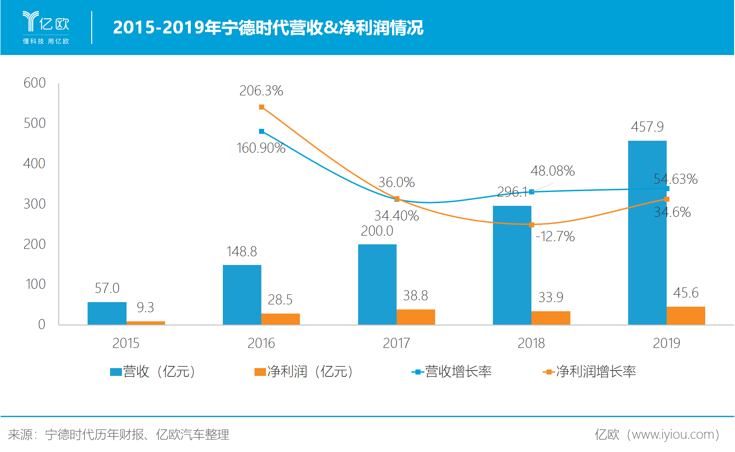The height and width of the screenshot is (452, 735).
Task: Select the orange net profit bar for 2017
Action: coord(415,317)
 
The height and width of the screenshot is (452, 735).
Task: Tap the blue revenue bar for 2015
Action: coord(107,314)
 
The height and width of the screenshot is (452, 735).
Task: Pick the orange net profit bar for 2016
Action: coord(280,319)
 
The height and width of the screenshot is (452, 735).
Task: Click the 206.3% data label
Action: coord(261,91)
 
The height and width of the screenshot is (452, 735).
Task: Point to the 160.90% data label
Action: coord(260,148)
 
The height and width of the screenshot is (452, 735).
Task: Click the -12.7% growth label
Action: coord(555,237)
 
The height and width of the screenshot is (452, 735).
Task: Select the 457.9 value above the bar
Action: coord(647,127)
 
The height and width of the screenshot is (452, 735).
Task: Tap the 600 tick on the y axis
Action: coord(34,83)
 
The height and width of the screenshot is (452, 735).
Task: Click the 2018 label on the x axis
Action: coord(531,343)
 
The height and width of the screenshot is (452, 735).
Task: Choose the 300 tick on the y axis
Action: coord(34,204)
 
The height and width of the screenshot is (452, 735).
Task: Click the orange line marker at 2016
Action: coord(261,107)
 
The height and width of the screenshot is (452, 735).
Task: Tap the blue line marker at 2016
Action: coord(261,132)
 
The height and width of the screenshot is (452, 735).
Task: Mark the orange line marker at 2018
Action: coord(531,225)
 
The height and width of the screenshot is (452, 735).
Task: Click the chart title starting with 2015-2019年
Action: coord(268,28)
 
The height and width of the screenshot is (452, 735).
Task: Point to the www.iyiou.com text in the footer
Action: coord(670,435)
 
